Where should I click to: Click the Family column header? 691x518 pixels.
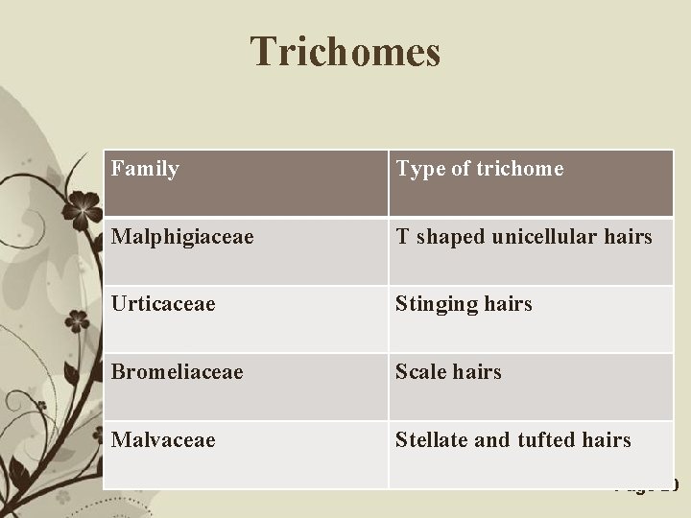(145, 169)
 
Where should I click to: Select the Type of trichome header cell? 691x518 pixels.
(479, 169)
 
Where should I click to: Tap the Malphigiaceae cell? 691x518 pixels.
(182, 236)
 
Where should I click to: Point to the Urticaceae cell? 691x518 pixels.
(162, 304)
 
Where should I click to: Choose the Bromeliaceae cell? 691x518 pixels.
(177, 371)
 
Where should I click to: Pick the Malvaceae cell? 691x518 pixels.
(162, 439)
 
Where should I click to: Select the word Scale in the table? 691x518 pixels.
(419, 371)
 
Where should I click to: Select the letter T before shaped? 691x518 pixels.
(402, 236)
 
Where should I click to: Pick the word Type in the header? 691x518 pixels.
(420, 170)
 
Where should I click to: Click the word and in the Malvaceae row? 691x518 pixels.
(492, 439)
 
